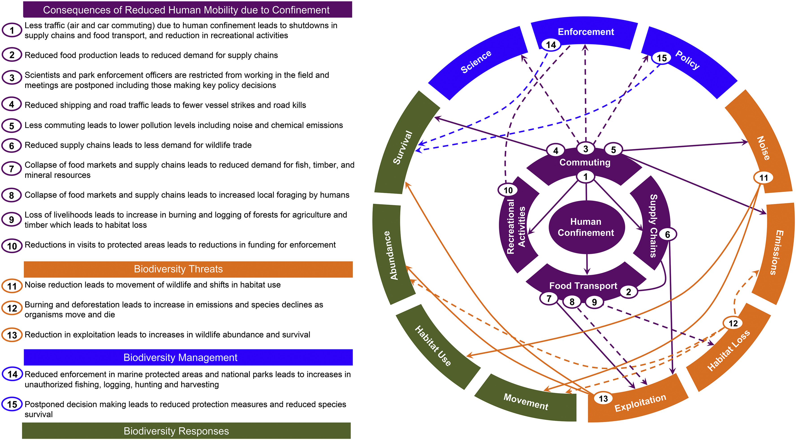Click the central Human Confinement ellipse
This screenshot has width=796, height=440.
tap(586, 227)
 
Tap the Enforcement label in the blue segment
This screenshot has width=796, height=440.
tap(586, 32)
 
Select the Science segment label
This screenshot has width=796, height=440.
tap(476, 62)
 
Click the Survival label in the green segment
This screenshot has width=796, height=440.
tap(403, 147)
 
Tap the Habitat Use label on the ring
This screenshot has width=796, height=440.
tap(433, 346)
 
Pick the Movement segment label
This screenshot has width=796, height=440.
tap(526, 401)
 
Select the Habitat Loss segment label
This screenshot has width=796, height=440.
tap(728, 350)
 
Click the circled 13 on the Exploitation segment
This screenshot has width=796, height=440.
tap(603, 399)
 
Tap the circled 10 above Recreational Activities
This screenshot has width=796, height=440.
tap(508, 190)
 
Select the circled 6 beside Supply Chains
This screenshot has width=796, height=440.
tap(667, 235)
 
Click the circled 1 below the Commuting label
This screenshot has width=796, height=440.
tap(585, 177)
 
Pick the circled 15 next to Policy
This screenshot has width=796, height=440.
tap(662, 58)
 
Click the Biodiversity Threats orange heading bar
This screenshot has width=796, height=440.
tap(188, 269)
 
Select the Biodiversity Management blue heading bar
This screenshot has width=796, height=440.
tap(188, 357)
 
